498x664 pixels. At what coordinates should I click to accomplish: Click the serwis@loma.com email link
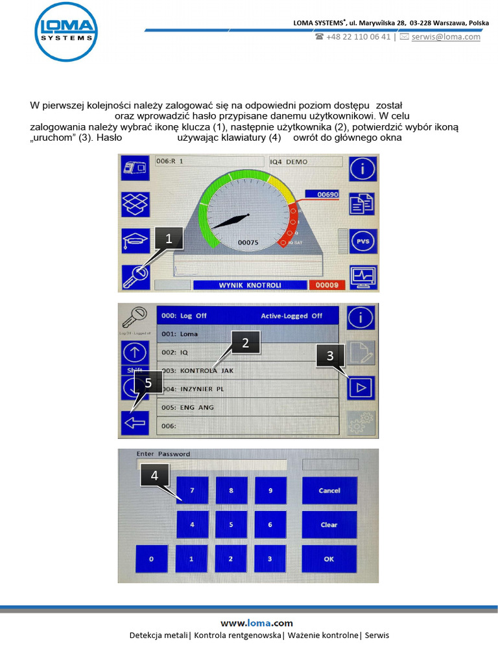tap(445, 37)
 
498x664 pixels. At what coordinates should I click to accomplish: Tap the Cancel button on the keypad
tap(329, 491)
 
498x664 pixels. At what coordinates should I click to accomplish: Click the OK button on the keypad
tap(329, 558)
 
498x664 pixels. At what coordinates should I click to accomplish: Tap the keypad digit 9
tap(270, 491)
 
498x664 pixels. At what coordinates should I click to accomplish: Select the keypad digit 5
tap(231, 525)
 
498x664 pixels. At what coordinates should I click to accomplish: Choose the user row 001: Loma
tap(248, 334)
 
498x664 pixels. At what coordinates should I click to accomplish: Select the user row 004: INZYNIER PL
tap(248, 389)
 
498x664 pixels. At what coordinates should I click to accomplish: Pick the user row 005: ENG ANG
tap(248, 407)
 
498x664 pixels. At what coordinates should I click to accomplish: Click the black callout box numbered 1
tap(169, 239)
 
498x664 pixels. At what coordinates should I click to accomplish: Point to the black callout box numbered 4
tap(154, 475)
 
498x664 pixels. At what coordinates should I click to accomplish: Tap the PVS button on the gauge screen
tap(362, 241)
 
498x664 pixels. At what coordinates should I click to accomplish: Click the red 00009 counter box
tap(327, 285)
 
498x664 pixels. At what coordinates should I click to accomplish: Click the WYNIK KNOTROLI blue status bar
tap(250, 285)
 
